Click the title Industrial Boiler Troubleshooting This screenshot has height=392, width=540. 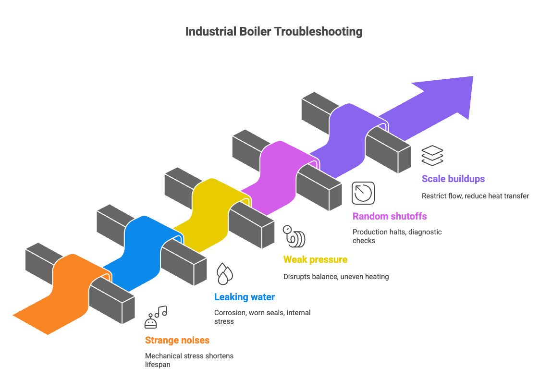(274, 32)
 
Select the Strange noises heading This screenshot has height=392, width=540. (177, 340)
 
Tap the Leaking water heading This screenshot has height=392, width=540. (245, 297)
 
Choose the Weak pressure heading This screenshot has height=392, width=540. (315, 259)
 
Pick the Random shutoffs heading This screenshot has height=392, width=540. (390, 216)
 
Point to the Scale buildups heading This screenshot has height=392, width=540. (453, 179)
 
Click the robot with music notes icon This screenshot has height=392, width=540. (156, 317)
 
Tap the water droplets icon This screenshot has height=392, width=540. (225, 274)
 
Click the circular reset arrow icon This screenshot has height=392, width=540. (363, 193)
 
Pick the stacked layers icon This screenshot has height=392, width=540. (432, 156)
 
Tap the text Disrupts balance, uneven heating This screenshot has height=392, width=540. (336, 277)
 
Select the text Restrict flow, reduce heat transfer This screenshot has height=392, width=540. (475, 196)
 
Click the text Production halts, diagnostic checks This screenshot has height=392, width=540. (397, 236)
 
